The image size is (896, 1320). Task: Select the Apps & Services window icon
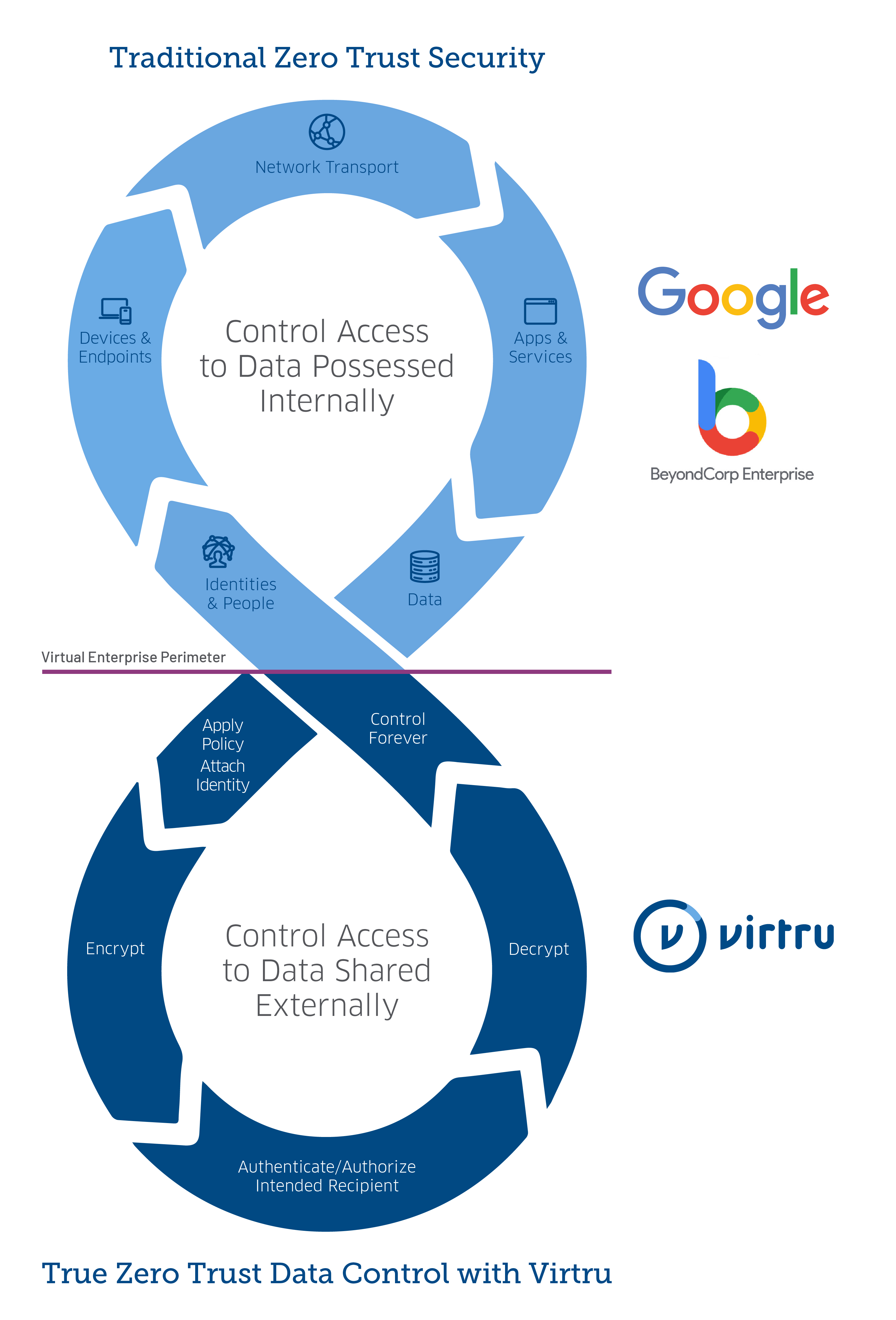[x=540, y=311]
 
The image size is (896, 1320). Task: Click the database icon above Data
[x=425, y=566]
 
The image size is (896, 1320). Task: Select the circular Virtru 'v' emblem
[x=670, y=935]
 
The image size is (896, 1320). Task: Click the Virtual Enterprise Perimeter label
[x=134, y=657]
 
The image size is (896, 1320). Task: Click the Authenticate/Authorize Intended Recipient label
[x=327, y=1176]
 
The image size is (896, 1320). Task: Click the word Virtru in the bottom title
[x=570, y=1273]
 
